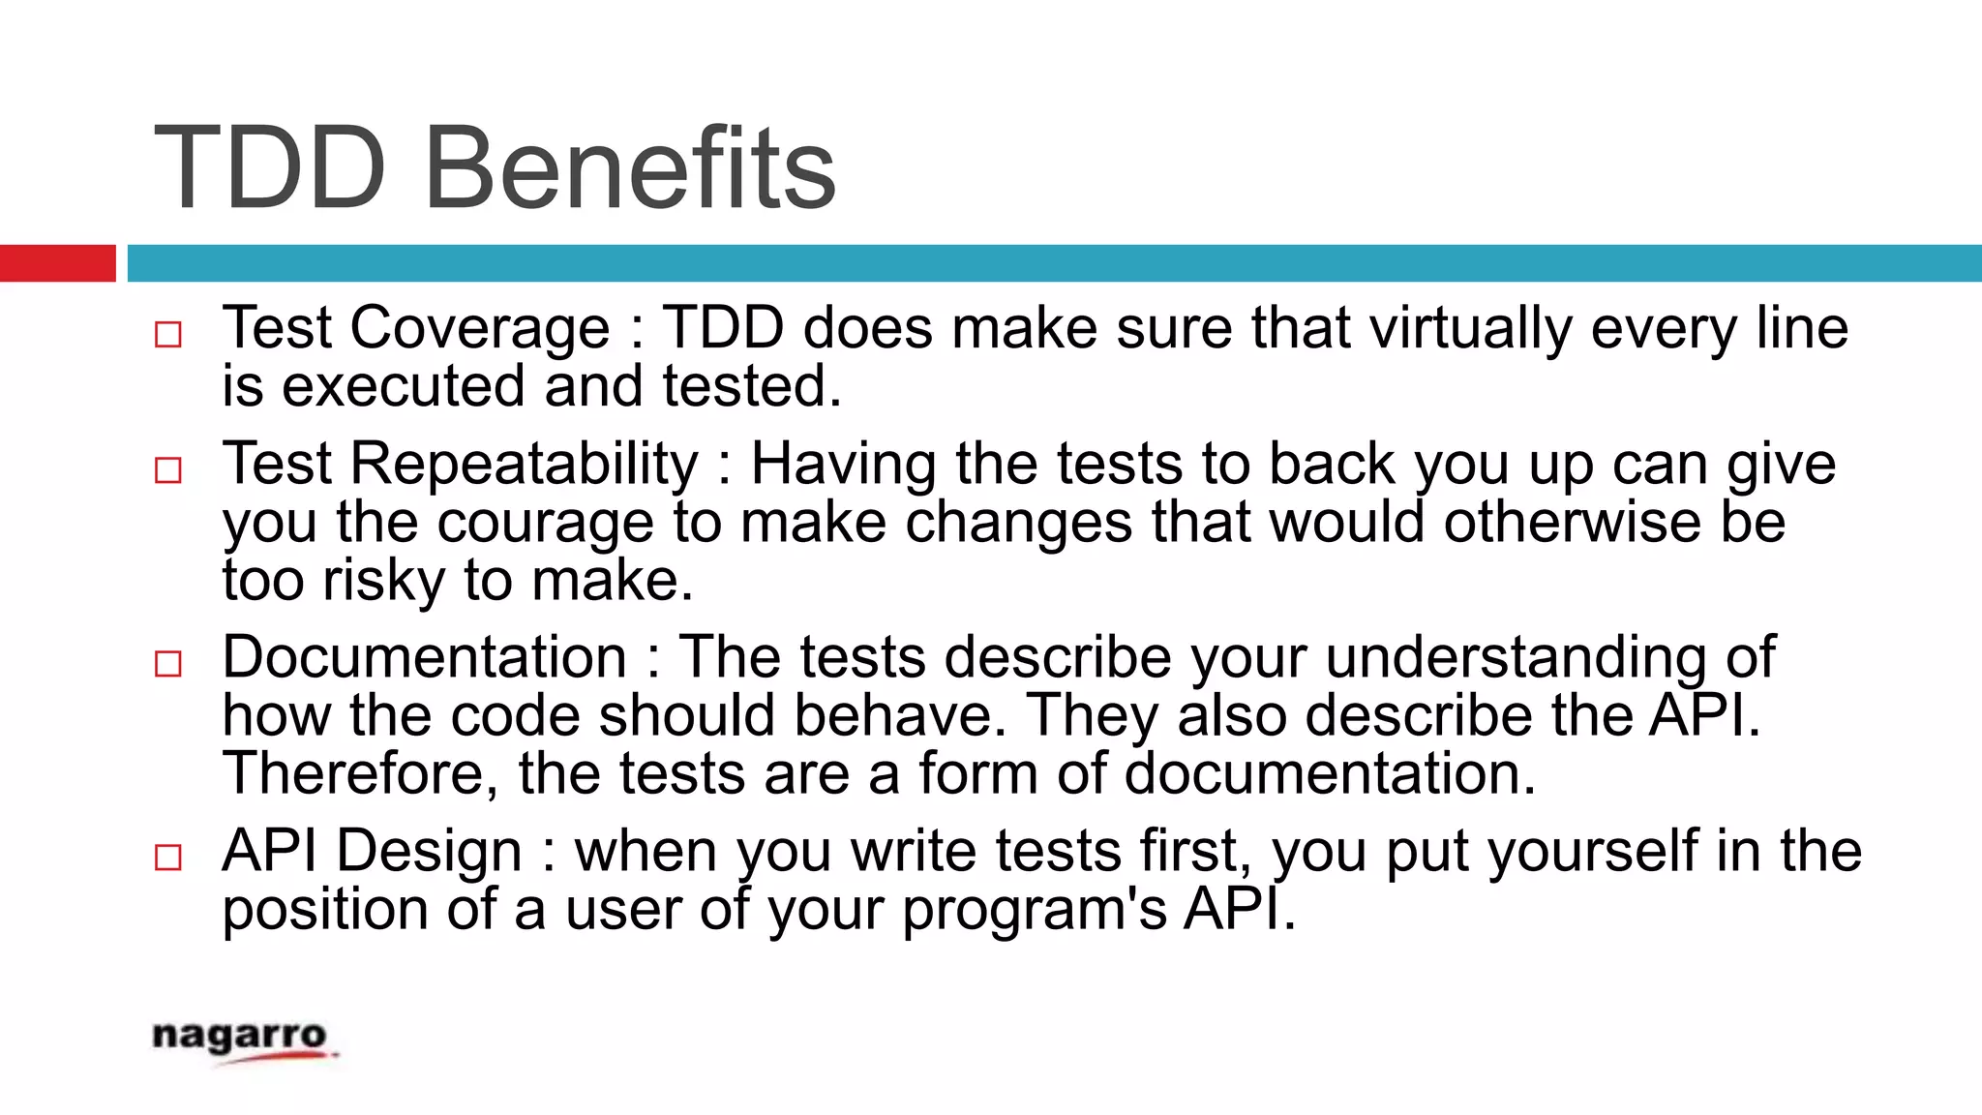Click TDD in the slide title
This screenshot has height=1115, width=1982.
coord(270,169)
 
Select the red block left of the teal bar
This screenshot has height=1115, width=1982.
coord(57,263)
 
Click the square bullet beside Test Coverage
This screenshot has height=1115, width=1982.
coord(168,335)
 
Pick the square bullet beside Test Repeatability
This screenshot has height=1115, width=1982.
coord(168,470)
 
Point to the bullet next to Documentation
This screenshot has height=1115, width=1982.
coord(168,664)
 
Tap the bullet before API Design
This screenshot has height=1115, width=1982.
coord(168,858)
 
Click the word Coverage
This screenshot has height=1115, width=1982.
coord(479,328)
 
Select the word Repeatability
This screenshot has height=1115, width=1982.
coord(524,465)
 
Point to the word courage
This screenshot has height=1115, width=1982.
coord(545,523)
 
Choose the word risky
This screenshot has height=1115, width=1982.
coord(383,581)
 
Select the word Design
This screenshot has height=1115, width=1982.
coord(430,852)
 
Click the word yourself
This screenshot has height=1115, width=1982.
coord(1592,852)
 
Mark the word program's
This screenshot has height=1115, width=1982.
coord(1035,910)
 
